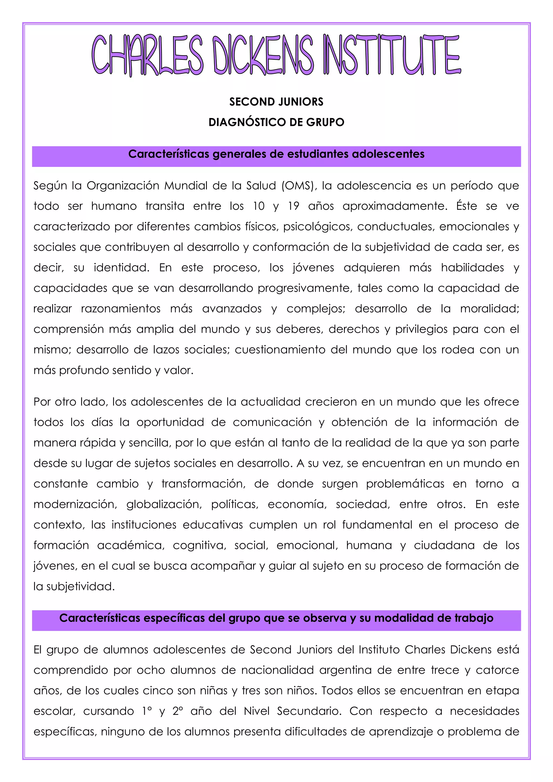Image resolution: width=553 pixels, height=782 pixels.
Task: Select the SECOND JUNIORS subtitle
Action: coord(276,102)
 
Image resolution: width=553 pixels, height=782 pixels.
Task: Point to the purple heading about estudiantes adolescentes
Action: coord(276,154)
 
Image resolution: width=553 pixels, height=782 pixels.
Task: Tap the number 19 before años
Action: coord(294,206)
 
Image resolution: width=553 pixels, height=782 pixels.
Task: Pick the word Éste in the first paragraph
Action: coord(467,206)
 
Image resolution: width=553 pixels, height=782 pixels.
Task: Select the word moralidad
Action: coord(489,309)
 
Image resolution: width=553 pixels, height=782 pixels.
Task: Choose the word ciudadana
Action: coord(444,545)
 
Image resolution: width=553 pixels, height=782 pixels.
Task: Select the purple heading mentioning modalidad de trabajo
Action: coord(276,618)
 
